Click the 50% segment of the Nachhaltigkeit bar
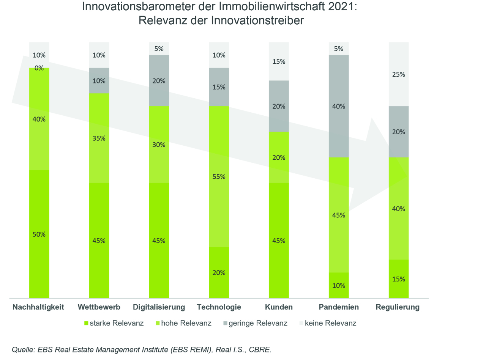click(39, 234)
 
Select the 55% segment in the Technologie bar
click(219, 176)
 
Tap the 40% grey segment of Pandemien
click(339, 106)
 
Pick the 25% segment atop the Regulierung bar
click(399, 74)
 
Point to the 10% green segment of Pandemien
click(339, 285)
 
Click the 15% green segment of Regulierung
click(399, 279)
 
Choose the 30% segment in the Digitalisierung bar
click(159, 145)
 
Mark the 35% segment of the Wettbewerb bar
click(99, 138)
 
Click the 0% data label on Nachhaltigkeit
click(39, 68)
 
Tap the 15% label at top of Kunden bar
click(279, 61)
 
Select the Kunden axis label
click(279, 307)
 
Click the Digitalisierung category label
click(159, 307)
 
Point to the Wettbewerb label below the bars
click(99, 307)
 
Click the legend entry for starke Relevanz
click(114, 323)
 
